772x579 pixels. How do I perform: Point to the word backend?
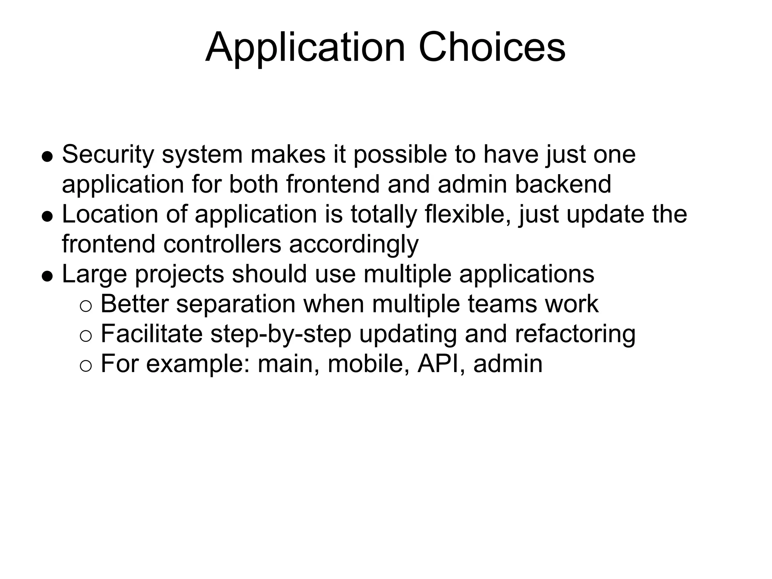click(x=563, y=184)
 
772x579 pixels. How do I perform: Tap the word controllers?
click(x=222, y=244)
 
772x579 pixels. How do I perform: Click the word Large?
click(x=94, y=274)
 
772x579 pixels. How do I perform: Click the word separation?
click(x=236, y=304)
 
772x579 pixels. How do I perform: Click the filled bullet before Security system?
click(x=47, y=156)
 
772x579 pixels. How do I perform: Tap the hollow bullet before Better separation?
click(x=86, y=306)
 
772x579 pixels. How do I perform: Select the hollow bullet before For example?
click(x=86, y=366)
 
